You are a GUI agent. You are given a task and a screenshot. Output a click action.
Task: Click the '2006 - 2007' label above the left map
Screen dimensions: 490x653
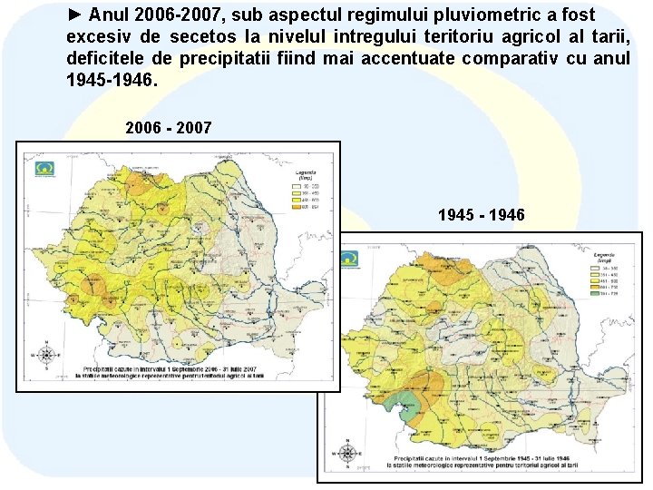(x=169, y=128)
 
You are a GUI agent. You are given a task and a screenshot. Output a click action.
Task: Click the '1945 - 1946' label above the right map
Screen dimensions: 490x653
(x=481, y=215)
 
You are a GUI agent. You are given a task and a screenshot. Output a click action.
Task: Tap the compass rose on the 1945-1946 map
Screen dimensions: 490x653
(x=346, y=453)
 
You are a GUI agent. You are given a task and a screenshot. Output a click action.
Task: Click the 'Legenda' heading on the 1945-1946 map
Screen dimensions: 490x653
(x=605, y=256)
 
